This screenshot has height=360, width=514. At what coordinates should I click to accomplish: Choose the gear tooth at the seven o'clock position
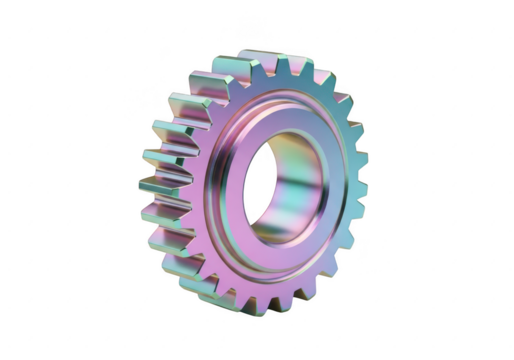click(200, 285)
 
